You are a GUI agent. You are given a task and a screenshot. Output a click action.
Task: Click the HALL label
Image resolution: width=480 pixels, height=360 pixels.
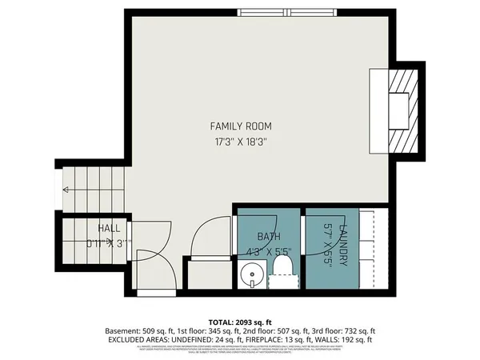(110, 228)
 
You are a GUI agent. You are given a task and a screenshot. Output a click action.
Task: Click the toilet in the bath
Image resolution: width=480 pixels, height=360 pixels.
(282, 267)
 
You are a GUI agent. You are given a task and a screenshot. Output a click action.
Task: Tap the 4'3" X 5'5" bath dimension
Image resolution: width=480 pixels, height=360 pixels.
(269, 251)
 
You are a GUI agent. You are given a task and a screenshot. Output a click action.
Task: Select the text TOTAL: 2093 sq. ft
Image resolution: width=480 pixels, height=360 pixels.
(240, 320)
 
